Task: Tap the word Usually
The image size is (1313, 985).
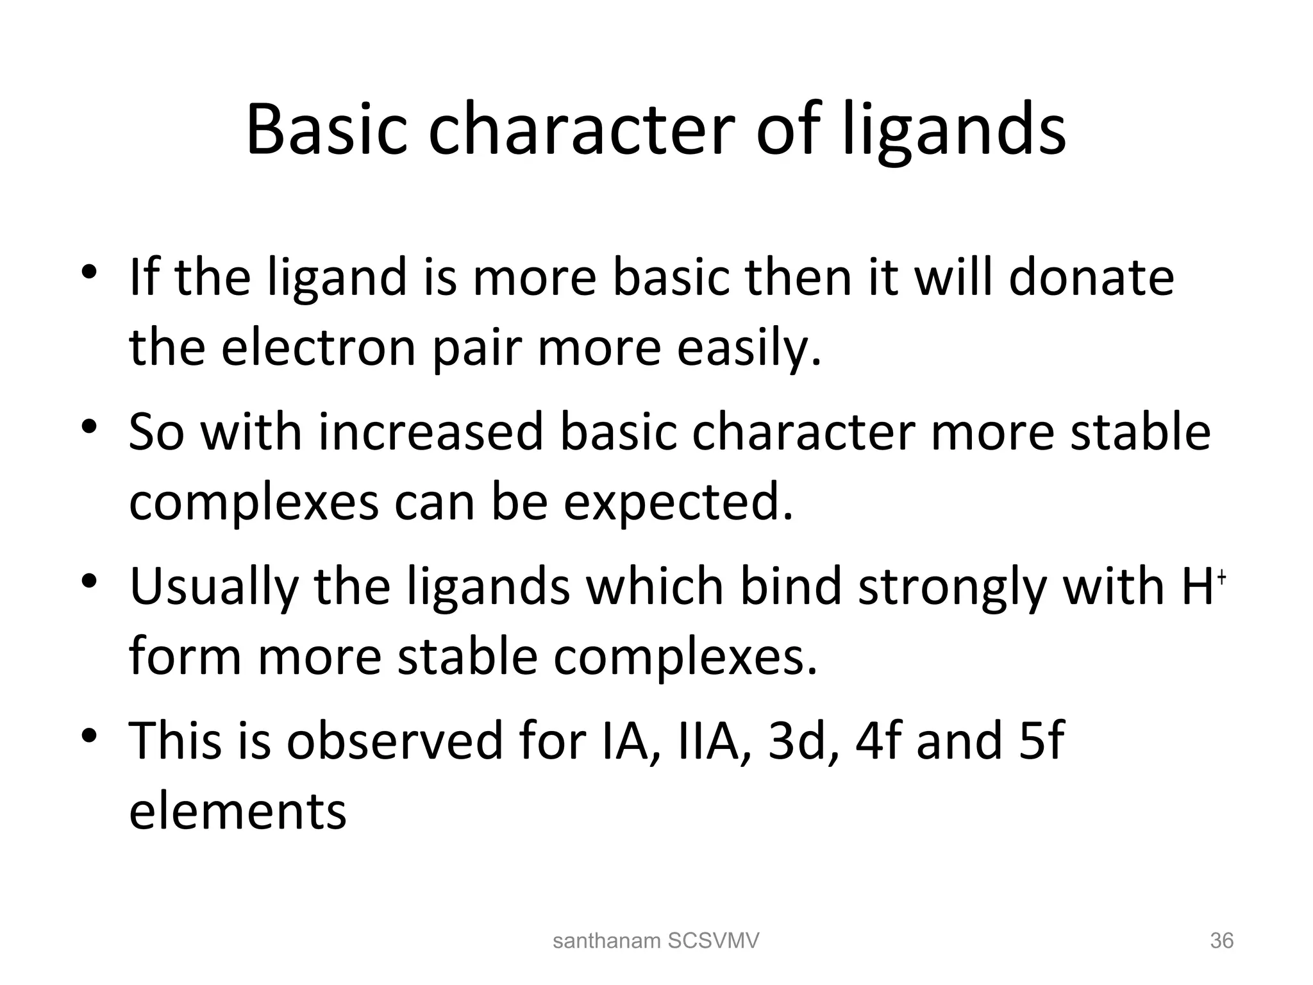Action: point(213,588)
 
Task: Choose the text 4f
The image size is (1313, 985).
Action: point(878,740)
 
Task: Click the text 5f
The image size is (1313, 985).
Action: point(1041,740)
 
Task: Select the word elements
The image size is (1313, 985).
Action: point(238,811)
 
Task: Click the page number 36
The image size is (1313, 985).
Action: point(1221,941)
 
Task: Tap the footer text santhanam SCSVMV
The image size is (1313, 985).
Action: point(655,941)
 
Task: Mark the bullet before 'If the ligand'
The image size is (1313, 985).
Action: point(89,272)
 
